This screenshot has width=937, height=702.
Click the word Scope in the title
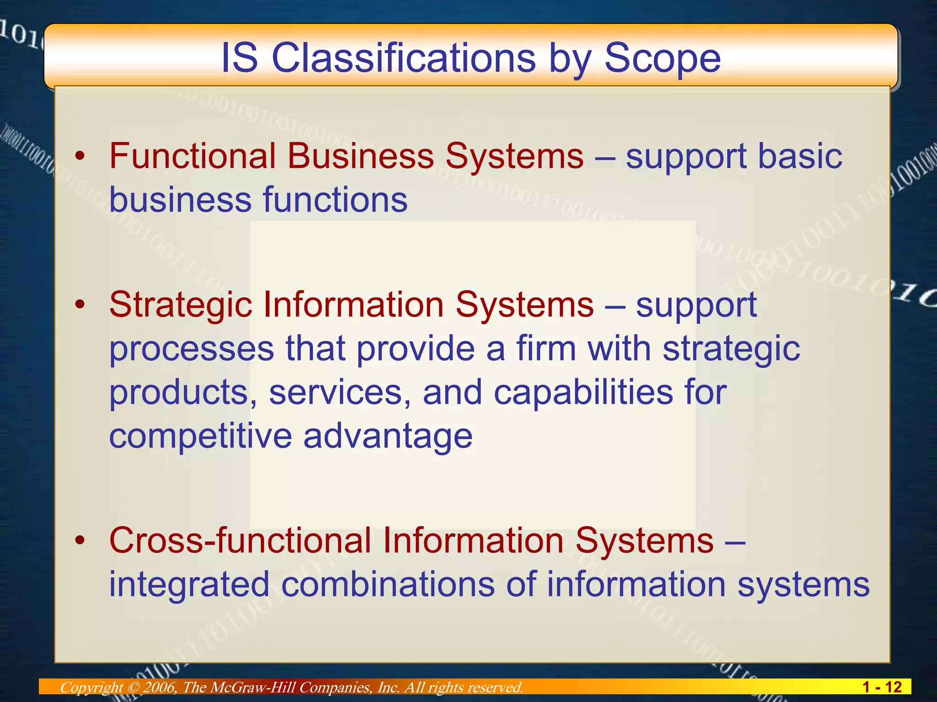coord(662,58)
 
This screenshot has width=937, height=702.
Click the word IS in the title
coord(239,58)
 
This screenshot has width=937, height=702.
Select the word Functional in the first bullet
coord(193,156)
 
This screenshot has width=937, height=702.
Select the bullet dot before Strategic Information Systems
coord(81,305)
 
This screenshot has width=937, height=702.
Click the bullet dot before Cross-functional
coord(81,541)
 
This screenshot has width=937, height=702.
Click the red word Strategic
coord(181,304)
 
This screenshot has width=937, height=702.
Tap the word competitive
coord(200,436)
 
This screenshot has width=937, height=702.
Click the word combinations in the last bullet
coord(388,584)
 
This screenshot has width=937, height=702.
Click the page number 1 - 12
coord(881,687)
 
